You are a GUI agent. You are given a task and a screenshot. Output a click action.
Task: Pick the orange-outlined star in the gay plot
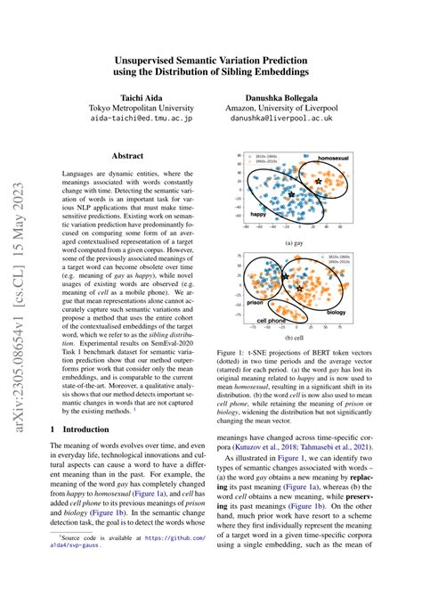318,181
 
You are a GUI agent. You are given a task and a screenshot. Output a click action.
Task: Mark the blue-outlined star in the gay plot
292,194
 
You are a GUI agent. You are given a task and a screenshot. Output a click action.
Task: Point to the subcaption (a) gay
294,242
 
